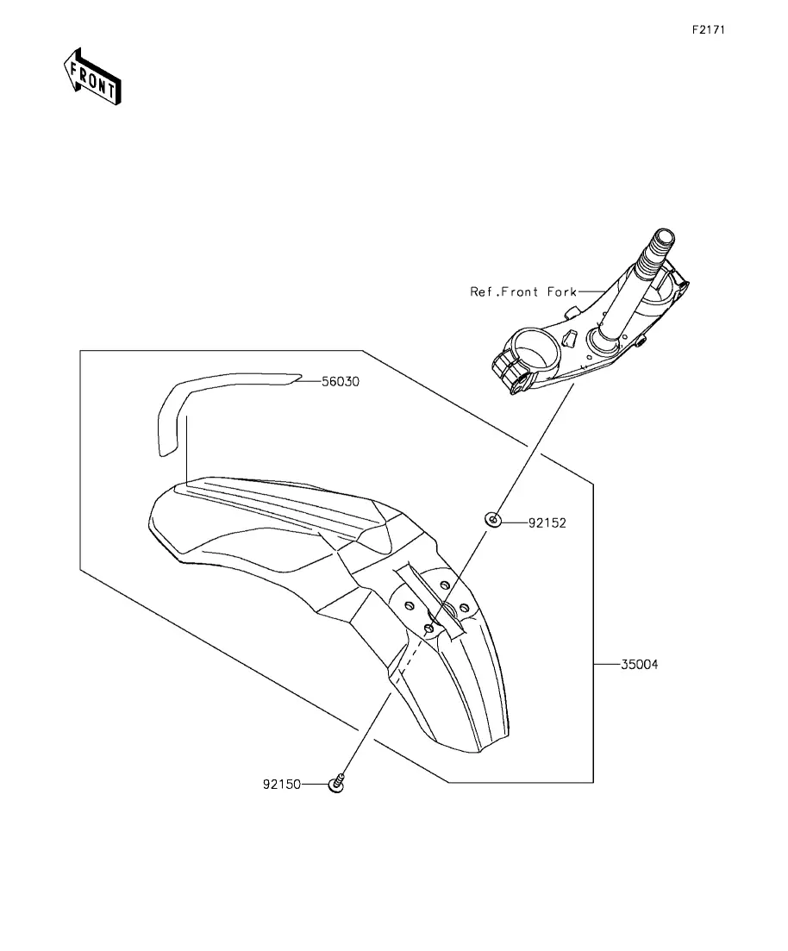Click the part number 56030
(341, 381)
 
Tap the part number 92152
(547, 522)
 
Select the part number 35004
(640, 665)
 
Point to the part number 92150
(281, 785)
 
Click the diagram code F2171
(710, 29)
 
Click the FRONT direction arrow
(92, 77)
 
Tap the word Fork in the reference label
(562, 291)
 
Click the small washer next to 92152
(494, 520)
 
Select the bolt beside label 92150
(337, 784)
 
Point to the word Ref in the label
(481, 291)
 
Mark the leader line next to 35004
(607, 665)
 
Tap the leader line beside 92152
(515, 522)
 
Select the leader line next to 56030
(309, 381)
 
